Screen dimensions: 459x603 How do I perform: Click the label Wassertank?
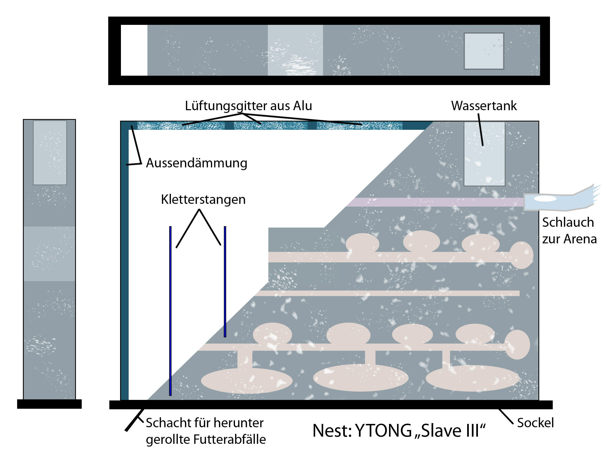pos(484,106)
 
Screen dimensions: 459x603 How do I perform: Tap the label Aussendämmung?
pos(196,163)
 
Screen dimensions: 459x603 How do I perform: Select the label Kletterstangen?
pos(203,199)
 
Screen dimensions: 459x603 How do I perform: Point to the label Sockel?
pos(535,423)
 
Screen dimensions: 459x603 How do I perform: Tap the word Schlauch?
pos(568,222)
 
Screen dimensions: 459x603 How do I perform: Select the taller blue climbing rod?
pos(170,311)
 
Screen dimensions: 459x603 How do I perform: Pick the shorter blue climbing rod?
pos(225,282)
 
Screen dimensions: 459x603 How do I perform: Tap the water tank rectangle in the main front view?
pos(484,154)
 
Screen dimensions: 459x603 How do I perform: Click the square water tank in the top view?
pos(484,51)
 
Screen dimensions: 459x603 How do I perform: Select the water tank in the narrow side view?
pos(50,153)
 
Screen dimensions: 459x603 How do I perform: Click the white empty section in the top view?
pos(134,50)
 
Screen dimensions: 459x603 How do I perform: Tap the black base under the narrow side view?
pos(49,404)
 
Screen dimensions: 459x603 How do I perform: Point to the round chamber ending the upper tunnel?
pos(521,255)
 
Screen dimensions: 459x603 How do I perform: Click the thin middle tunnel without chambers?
pos(387,293)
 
